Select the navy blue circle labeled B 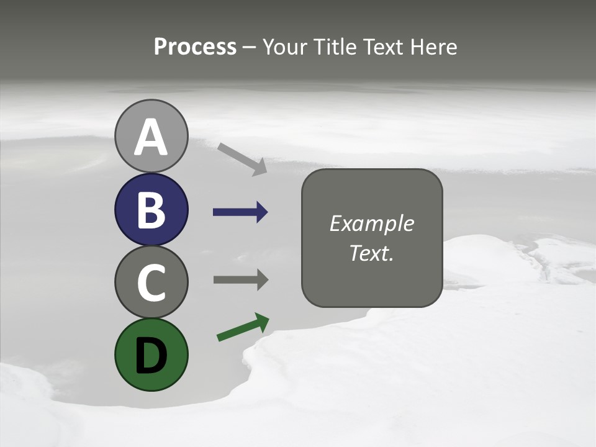coord(151,210)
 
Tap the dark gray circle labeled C coord(151,282)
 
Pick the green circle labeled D coord(151,354)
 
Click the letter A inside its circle coord(151,137)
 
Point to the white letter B coord(151,210)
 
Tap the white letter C coord(151,282)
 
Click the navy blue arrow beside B coord(239,212)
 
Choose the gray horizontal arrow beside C coord(239,279)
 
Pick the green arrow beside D coord(242,328)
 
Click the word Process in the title coord(195,47)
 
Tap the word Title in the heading coord(335,47)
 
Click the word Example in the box coord(371,223)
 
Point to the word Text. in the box coord(371,253)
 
